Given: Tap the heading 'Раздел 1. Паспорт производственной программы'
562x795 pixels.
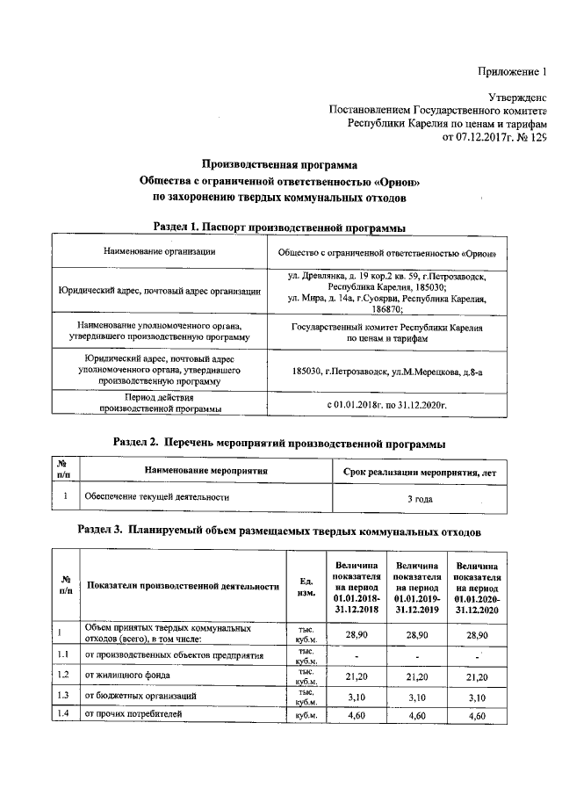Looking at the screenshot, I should (279, 227).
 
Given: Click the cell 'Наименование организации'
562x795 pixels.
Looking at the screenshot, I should (159, 252).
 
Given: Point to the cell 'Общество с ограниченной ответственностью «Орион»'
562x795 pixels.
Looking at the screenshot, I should (386, 253).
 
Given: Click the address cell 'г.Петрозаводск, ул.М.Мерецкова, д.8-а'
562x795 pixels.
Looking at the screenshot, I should (386, 372).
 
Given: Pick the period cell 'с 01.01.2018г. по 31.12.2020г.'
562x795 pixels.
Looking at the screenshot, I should (386, 405).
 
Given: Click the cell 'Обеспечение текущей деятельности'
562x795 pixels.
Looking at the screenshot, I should (156, 497).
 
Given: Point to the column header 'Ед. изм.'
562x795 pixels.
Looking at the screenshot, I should (306, 586).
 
